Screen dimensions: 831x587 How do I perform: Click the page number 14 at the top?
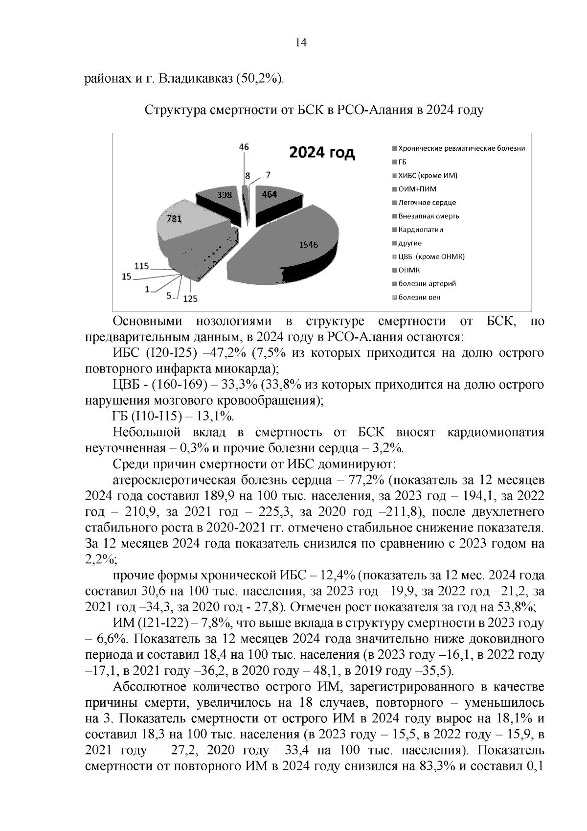pos(301,43)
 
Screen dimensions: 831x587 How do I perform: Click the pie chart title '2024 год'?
pos(322,153)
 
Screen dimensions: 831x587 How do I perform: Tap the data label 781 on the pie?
pos(174,219)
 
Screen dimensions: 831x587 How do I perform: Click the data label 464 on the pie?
pos(269,194)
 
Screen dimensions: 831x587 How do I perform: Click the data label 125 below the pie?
pos(190,298)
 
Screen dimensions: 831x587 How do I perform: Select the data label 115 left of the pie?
pos(141,266)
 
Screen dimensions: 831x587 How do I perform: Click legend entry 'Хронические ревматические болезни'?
pos(461,148)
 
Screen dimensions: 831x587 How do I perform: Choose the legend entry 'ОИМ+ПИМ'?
pos(417,189)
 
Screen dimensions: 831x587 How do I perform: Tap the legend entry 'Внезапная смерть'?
pos(429,216)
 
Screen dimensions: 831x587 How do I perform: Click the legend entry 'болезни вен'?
pos(419,297)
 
